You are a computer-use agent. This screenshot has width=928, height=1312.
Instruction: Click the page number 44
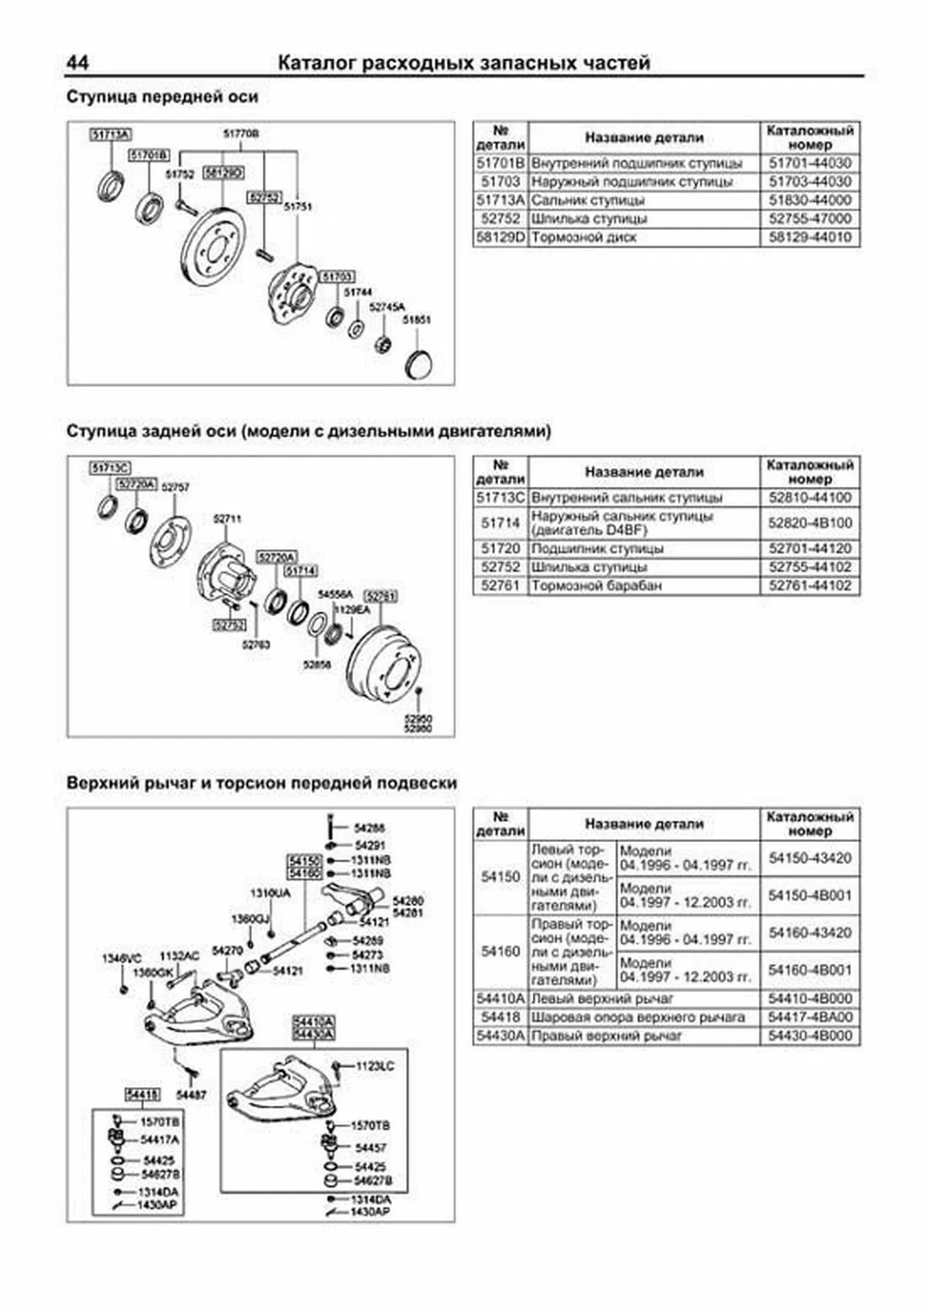coord(78,63)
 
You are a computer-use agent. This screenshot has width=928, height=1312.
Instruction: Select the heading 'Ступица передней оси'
coord(162,97)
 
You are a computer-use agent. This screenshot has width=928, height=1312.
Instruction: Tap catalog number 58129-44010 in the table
coord(810,237)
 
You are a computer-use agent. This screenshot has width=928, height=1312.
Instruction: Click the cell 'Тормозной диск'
coord(584,237)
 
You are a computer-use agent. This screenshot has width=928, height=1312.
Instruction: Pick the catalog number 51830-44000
coord(810,200)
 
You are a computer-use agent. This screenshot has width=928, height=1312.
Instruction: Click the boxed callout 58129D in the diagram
coord(223,173)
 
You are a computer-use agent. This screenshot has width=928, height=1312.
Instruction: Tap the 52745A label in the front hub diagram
coord(387,307)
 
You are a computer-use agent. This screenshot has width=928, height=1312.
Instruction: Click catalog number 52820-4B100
coord(810,523)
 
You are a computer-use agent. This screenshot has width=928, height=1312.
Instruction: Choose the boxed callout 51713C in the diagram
coord(110,468)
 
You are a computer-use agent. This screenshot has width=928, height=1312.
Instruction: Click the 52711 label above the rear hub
coord(227,520)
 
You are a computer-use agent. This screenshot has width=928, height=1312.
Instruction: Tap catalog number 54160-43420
coord(810,932)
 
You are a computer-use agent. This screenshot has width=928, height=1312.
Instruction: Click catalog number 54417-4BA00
coord(810,1017)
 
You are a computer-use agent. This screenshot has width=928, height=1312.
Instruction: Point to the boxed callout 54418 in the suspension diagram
coord(142,1094)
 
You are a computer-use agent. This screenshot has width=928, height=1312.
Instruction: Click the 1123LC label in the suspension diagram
coord(375,1067)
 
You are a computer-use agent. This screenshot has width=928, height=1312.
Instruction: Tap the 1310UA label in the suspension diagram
coord(270,894)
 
